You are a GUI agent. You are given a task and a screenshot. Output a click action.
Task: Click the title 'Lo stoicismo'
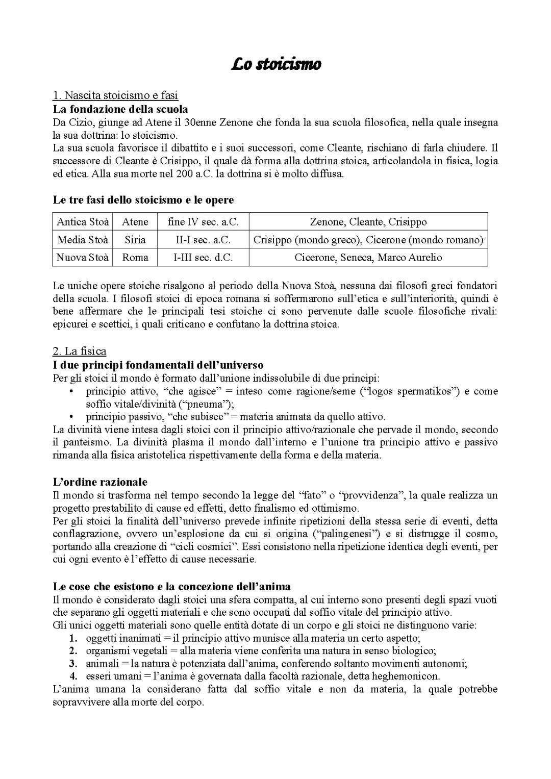click(x=275, y=65)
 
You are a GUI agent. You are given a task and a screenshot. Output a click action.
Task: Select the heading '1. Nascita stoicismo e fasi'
click(x=115, y=95)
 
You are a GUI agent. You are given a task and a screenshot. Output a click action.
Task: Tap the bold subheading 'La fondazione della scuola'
click(x=120, y=109)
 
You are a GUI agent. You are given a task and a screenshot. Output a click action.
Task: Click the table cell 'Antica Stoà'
click(x=83, y=222)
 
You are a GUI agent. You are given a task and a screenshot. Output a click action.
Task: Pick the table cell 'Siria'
click(x=135, y=240)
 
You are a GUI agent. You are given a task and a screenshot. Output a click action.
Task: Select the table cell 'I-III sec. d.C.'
click(x=203, y=258)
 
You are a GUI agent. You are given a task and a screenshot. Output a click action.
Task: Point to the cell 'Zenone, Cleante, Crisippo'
click(x=368, y=222)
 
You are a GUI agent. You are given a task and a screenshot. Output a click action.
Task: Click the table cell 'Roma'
click(x=135, y=258)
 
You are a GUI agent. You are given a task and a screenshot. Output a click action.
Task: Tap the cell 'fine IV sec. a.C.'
click(x=203, y=222)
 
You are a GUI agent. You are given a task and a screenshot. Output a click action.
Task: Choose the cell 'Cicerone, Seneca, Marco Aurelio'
click(x=368, y=258)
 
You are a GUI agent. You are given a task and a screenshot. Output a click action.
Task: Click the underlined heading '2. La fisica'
click(x=80, y=351)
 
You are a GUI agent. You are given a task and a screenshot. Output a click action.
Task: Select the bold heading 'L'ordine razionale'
click(x=100, y=482)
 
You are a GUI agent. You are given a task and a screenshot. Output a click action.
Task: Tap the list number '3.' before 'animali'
click(x=73, y=664)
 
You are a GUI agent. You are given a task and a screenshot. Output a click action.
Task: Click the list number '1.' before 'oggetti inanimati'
click(x=73, y=638)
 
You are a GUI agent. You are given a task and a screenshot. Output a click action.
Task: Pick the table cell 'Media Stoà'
click(x=83, y=240)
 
